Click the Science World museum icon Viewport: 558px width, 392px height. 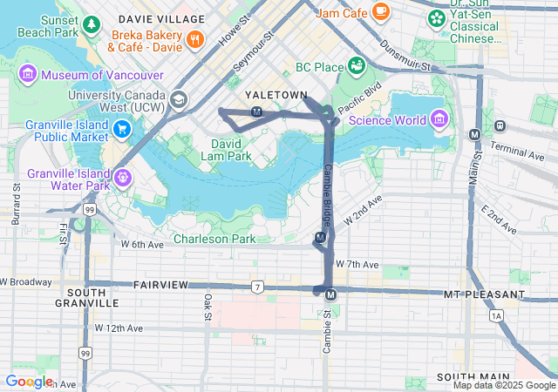pyautogui.click(x=438, y=119)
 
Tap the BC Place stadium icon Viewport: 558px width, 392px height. pyautogui.click(x=356, y=66)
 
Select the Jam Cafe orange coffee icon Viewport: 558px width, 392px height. pyautogui.click(x=380, y=11)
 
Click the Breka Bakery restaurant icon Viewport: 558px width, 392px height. pyautogui.click(x=194, y=39)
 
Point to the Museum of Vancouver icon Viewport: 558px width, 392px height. pyautogui.click(x=26, y=75)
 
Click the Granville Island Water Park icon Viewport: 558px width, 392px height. pyautogui.click(x=123, y=179)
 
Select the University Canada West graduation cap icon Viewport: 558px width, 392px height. pyautogui.click(x=179, y=100)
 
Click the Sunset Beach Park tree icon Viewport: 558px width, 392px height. pyautogui.click(x=91, y=24)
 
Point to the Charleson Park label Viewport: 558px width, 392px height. pyautogui.click(x=214, y=239)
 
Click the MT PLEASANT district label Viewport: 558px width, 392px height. pyautogui.click(x=483, y=295)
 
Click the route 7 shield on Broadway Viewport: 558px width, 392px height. pyautogui.click(x=257, y=286)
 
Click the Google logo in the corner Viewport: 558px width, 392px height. pyautogui.click(x=29, y=381)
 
